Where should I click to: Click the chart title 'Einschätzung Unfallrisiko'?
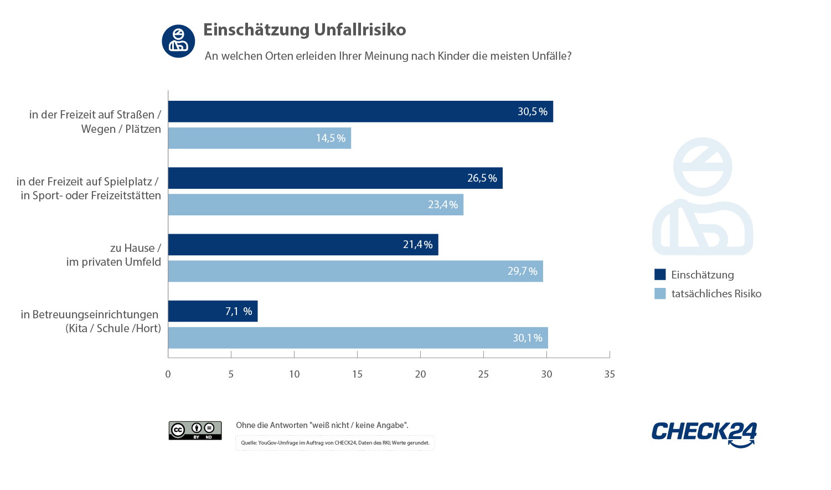tap(304, 30)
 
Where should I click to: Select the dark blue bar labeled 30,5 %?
tap(360, 111)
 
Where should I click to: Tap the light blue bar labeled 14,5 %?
tap(259, 138)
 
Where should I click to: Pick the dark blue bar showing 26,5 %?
tap(335, 178)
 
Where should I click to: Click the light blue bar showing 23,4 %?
tap(316, 204)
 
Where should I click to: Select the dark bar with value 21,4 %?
tap(303, 244)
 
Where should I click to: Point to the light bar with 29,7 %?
tap(355, 271)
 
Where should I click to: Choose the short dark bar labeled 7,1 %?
tap(213, 311)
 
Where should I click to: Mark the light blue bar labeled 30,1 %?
tap(358, 338)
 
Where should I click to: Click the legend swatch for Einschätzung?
tap(660, 275)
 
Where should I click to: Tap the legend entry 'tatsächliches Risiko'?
tap(716, 293)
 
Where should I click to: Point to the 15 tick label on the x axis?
tap(357, 374)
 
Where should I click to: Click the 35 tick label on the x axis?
tap(609, 374)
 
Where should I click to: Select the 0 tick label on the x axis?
tap(168, 374)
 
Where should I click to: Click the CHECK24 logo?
tap(704, 434)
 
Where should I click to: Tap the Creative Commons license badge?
tap(195, 430)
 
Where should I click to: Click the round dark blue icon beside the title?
tap(178, 41)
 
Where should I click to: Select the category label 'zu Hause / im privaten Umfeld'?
tap(113, 255)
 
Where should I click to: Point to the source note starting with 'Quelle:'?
tap(335, 442)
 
